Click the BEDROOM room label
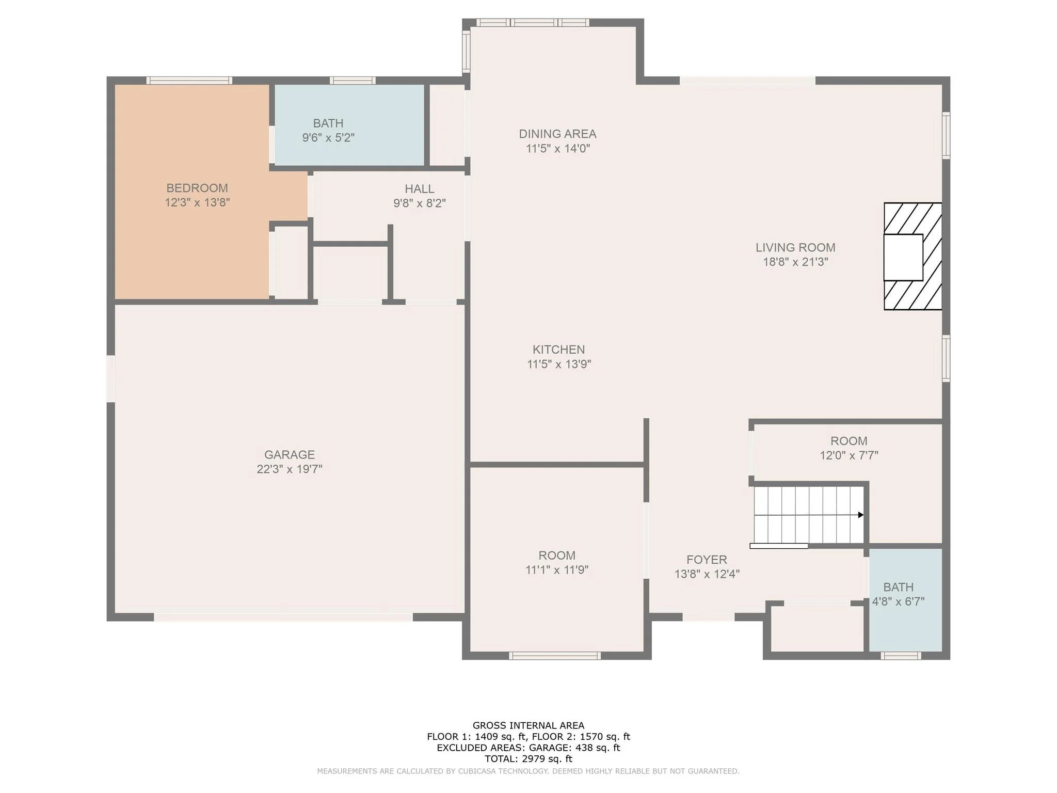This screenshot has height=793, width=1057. coord(197,188)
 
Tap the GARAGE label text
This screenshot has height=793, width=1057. coord(290,455)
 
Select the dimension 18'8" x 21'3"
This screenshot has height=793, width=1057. coord(795,262)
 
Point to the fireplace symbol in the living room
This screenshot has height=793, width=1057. coord(912,256)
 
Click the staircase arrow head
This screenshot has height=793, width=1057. coord(860,515)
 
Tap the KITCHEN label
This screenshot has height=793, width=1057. coord(558,350)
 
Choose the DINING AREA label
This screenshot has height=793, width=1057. coord(557,134)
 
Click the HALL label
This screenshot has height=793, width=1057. coord(419,189)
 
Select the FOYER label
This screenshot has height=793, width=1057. coord(707,560)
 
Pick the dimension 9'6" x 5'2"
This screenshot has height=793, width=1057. coord(328,138)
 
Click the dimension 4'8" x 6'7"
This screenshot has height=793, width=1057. coord(898,601)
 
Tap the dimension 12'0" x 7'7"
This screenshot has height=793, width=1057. coord(849,455)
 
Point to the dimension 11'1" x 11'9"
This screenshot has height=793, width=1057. coord(557,570)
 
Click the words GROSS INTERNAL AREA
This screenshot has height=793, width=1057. coord(528,725)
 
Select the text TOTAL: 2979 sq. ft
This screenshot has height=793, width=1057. coord(528,759)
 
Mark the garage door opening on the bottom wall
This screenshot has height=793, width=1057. coord(283,617)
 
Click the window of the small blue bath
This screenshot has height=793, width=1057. coord(901,656)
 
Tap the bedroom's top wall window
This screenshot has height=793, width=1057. coord(189,81)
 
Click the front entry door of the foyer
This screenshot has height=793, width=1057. coord(709,617)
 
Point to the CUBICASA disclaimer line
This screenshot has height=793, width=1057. coord(528,771)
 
